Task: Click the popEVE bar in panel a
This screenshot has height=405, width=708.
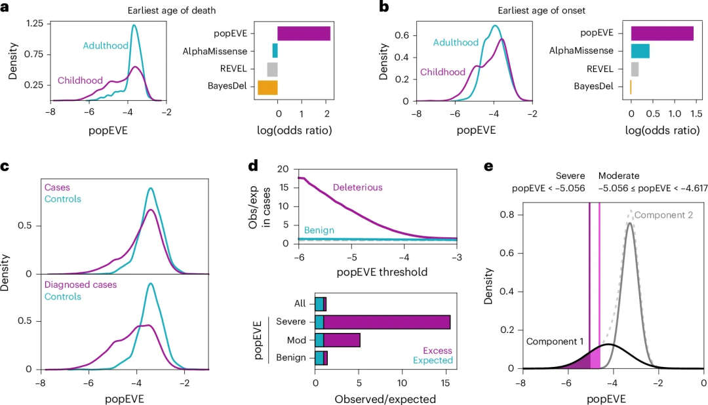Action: [x=304, y=33]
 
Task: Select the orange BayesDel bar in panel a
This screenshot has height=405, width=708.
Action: [x=267, y=87]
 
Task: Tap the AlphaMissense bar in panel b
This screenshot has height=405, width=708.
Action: [x=640, y=50]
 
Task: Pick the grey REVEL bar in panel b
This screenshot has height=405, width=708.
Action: [x=635, y=69]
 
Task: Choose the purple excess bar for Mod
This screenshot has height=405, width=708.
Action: [x=342, y=340]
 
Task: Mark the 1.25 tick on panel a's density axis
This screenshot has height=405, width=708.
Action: [x=34, y=24]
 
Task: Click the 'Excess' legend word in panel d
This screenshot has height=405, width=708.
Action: [x=437, y=351]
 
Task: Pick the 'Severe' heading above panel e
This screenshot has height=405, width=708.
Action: [x=569, y=176]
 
